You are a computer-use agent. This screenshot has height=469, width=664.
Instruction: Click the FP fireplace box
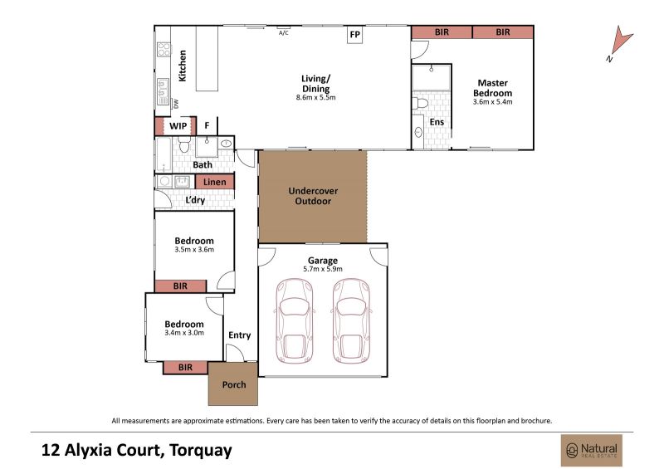pos(355,34)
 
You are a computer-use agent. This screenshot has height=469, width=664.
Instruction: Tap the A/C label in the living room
pos(284,32)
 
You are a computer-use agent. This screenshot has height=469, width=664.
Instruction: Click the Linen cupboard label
pos(215,182)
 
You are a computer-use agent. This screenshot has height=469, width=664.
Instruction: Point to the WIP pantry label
pos(178,126)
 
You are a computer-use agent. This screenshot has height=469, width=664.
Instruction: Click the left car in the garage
pos(295,320)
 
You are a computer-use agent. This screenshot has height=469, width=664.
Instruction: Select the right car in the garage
pos(350,320)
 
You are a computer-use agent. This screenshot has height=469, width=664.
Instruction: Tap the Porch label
pos(234,384)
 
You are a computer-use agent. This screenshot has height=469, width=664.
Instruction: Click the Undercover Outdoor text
pos(313,196)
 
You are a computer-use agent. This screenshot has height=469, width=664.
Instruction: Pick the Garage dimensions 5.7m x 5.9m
pos(323,269)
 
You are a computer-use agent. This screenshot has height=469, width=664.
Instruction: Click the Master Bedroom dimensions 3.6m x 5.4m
pos(492,101)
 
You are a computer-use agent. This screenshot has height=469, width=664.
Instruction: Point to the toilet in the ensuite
pos(421,103)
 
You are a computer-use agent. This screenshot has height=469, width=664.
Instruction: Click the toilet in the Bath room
pos(184,144)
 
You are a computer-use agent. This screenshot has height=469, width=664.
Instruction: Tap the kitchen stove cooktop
pos(164,49)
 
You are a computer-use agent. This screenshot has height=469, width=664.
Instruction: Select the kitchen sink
pos(163,91)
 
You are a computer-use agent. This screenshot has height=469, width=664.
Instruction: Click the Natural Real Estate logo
pos(592,451)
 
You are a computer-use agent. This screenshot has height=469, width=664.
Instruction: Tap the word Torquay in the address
pos(201,451)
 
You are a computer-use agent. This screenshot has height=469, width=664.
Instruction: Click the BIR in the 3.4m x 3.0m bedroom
pos(185,368)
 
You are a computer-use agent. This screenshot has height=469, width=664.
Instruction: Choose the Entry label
pos(240,335)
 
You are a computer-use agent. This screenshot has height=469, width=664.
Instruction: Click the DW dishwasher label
pos(176,104)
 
